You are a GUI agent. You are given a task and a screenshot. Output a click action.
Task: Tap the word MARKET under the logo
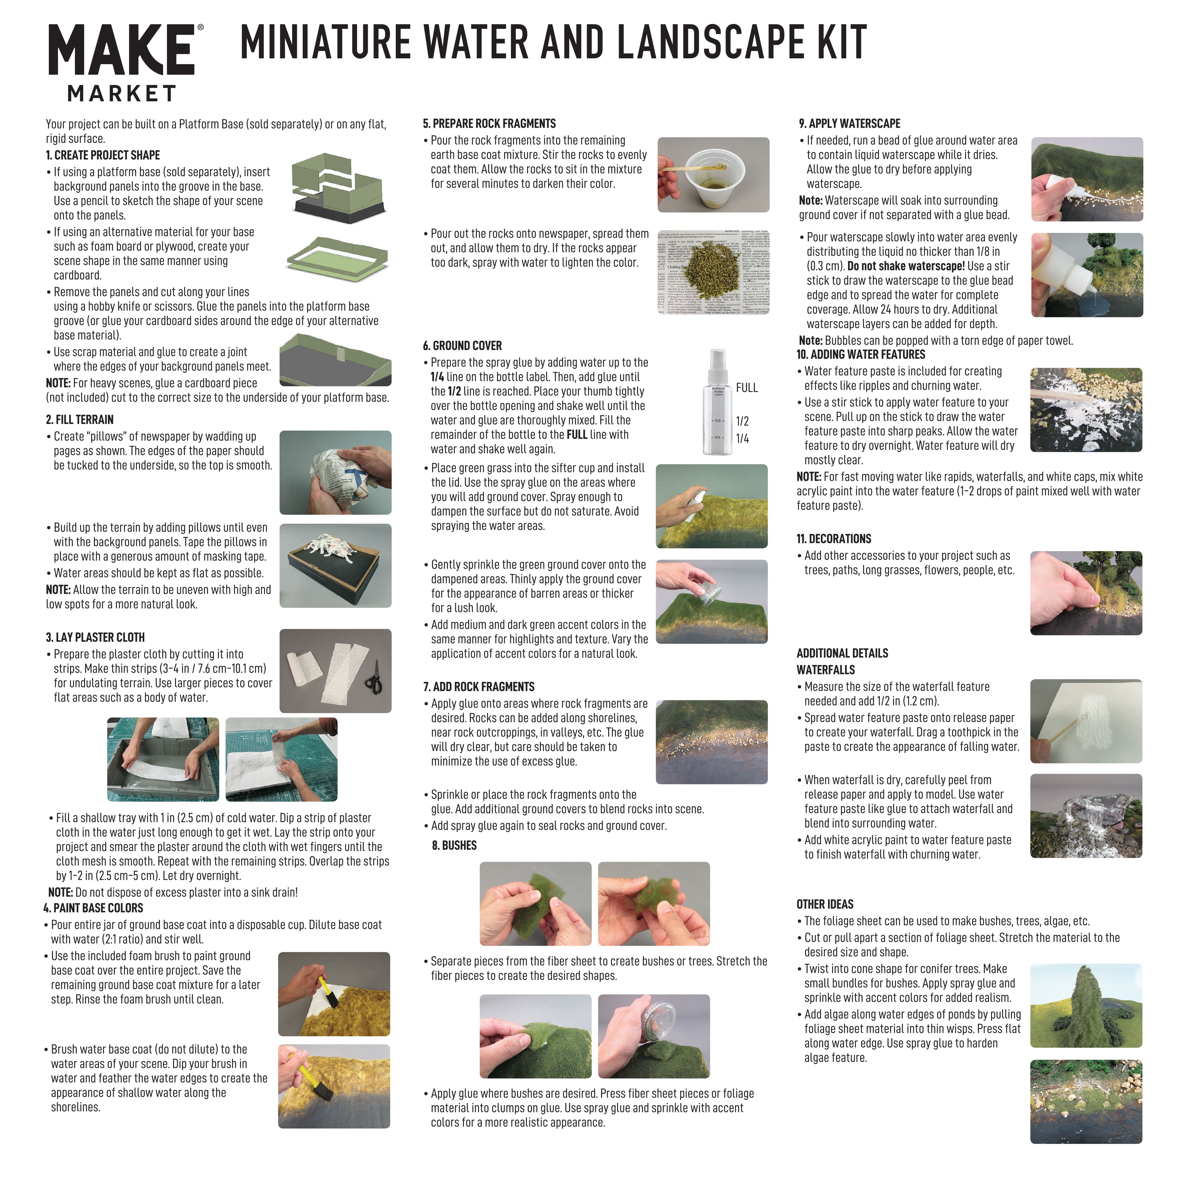pos(122,94)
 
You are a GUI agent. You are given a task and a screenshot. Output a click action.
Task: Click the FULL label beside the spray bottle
pos(746,388)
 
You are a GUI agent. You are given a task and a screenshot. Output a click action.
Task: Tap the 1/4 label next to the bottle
pos(742,439)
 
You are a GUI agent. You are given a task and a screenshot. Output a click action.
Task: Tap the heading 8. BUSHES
pos(454,846)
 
